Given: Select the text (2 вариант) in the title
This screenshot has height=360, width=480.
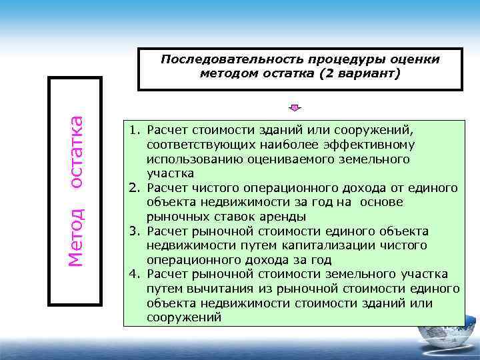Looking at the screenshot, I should tap(360, 73).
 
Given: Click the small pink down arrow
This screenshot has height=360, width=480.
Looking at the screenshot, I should tap(296, 107).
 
